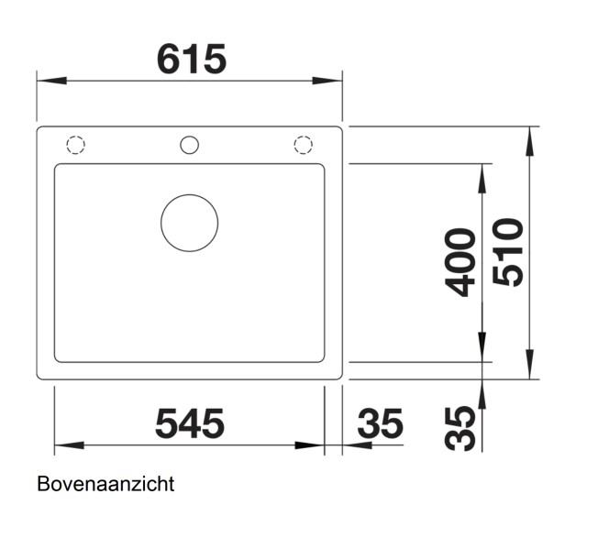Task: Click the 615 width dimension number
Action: [x=191, y=60]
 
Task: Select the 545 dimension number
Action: [x=189, y=423]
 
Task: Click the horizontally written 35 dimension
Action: [x=380, y=423]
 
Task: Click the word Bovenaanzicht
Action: [x=105, y=484]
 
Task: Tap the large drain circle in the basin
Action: [x=189, y=223]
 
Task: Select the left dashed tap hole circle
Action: [x=75, y=145]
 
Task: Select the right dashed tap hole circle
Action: [x=303, y=145]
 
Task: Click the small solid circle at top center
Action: [x=189, y=145]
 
